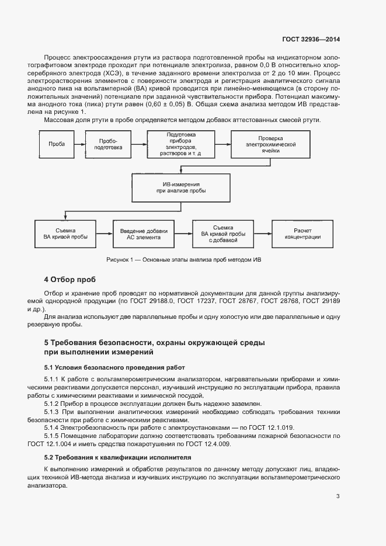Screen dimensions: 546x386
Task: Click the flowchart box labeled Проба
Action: click(57, 144)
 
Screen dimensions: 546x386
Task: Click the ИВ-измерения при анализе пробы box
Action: click(180, 187)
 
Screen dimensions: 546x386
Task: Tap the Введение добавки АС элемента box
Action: click(140, 232)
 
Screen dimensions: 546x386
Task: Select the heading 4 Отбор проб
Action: click(69, 279)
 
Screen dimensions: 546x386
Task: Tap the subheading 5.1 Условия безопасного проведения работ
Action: click(114, 367)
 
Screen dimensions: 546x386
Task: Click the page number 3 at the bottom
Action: click(338, 497)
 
